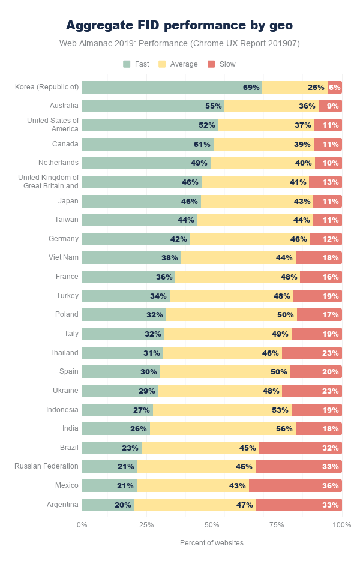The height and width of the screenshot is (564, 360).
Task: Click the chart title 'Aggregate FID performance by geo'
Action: point(179,25)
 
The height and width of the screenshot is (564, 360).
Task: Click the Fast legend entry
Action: point(136,64)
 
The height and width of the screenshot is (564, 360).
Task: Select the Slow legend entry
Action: point(221,64)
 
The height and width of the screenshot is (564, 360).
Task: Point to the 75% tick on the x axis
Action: point(277,525)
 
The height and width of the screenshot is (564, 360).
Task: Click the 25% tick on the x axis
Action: point(146,525)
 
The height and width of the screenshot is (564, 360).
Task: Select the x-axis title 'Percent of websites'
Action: point(212,543)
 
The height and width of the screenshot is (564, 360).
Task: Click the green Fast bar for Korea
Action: point(172,87)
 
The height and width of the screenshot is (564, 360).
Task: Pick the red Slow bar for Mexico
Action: point(295,485)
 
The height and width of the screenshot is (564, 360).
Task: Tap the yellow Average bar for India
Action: point(223,428)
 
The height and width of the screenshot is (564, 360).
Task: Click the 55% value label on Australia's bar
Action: point(213,106)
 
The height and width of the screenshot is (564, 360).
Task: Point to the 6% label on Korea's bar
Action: point(334,87)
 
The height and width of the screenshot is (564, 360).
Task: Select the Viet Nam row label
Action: point(64,257)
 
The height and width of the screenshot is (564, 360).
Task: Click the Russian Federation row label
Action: point(47,466)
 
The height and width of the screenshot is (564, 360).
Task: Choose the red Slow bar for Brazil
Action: point(300,448)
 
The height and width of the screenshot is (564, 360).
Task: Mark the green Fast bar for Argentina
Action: point(108,505)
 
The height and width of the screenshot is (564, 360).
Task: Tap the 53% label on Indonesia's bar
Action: point(280,410)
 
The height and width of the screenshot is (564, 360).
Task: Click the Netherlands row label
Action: point(59,163)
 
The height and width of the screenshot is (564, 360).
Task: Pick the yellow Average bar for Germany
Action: point(250,239)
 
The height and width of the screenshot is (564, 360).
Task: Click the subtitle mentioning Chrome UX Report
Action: point(179,43)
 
